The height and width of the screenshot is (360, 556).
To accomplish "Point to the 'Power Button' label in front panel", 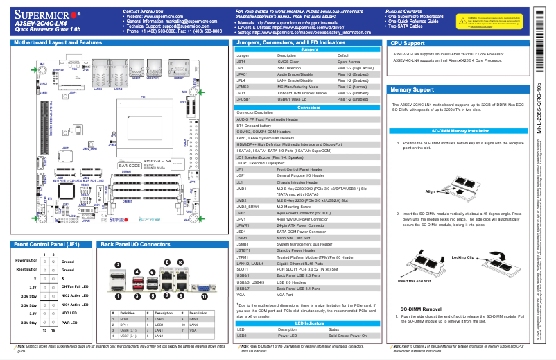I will pos(27,261).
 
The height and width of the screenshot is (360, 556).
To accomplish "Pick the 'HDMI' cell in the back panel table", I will pos(124,319).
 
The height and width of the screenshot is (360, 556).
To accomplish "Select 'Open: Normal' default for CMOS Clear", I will pos(350,62).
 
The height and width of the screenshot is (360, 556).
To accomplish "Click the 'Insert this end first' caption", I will pos(415,281).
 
